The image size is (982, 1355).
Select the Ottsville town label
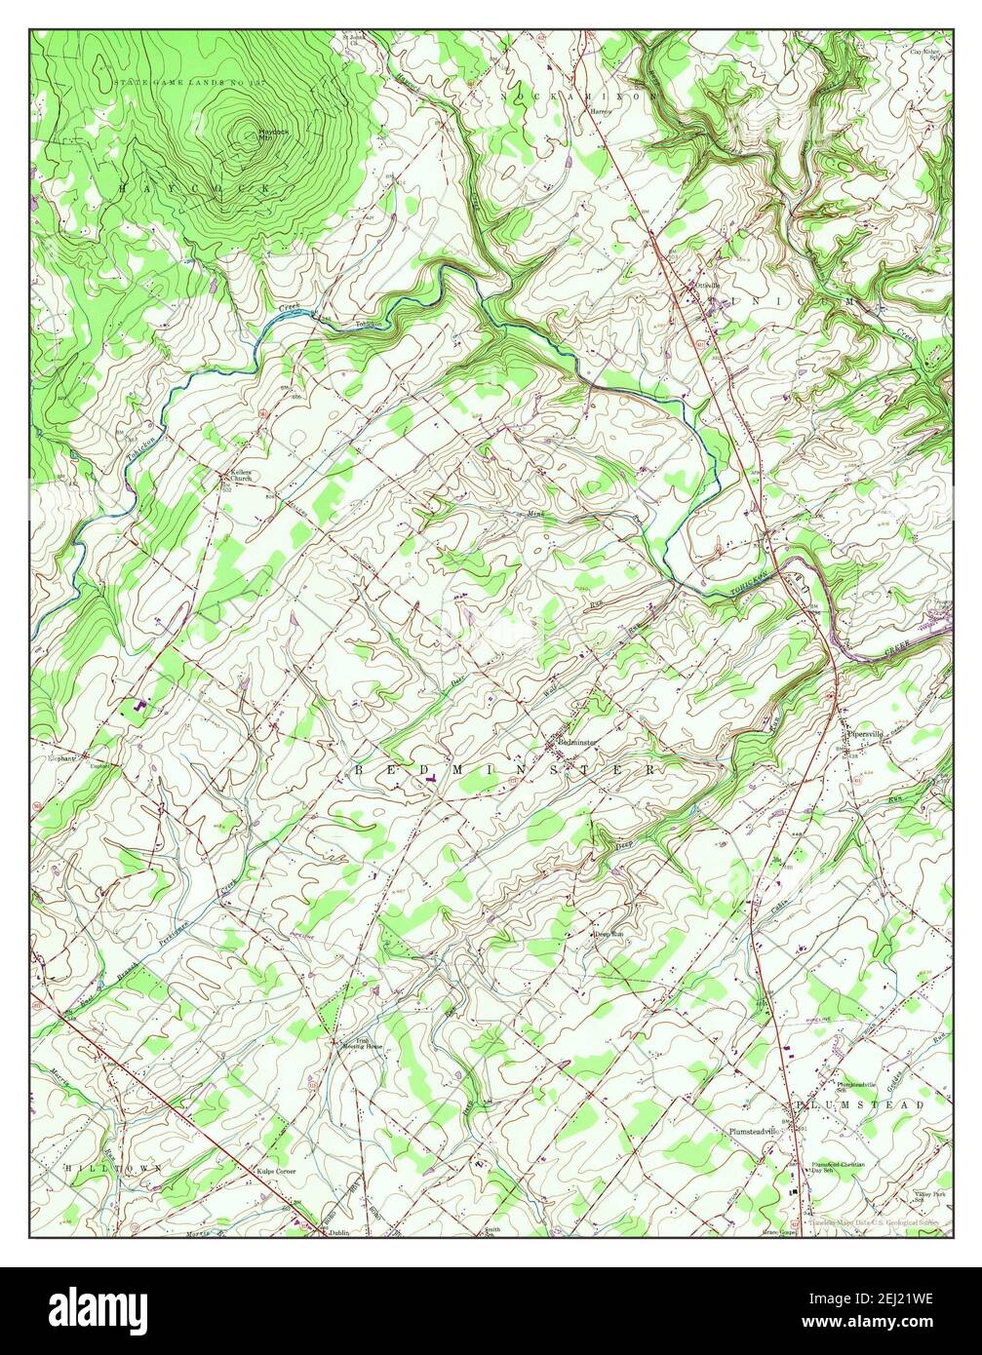(706, 286)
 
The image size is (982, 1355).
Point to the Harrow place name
(600, 111)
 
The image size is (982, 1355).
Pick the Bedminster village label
(576, 743)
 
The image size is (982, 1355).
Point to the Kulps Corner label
(275, 1170)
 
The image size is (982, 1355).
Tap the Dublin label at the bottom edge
(338, 1232)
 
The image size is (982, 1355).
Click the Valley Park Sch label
(929, 1196)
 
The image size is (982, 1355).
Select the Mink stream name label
(532, 512)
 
